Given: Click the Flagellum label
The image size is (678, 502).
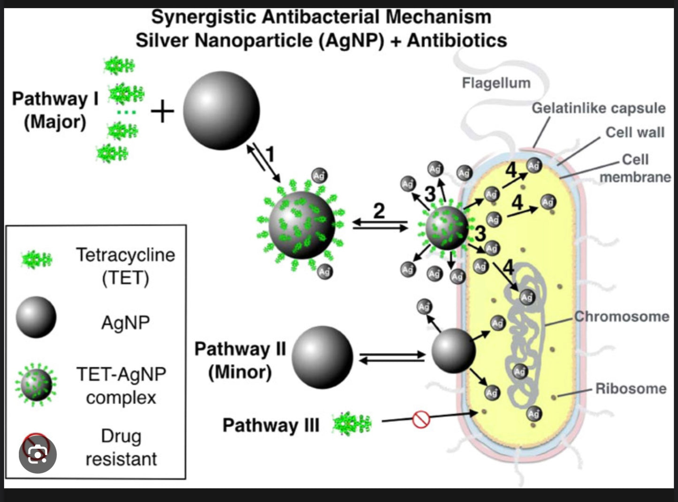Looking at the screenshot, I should coord(496,83).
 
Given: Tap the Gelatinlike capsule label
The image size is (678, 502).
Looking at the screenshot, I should coord(598,108).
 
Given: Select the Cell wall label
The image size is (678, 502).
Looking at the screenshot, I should coord(635,132).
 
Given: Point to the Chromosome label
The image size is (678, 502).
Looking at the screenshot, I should coord(622,317).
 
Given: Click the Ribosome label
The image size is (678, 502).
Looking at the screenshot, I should coord(631,389).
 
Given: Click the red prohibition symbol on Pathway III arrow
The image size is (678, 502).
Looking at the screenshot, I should coord(421,419).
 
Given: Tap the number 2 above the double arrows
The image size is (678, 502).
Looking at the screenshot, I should coord(379,210).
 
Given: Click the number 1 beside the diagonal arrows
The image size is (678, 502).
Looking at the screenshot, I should coord(270,154).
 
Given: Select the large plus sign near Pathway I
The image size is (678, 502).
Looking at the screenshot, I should coord(162,112).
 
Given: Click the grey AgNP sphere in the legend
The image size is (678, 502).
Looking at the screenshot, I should coord(36,317).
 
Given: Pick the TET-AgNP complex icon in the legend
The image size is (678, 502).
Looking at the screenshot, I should coord(36,384).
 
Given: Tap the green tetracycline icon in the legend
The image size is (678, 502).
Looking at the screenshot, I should coord(37,259).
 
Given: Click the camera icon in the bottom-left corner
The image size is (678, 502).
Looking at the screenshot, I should coord(38,454).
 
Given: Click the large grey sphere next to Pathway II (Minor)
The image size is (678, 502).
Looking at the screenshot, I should coord(322,357).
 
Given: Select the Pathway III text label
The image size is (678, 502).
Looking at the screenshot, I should coord(271,425).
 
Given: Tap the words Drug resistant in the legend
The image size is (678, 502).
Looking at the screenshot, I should coord(121,448).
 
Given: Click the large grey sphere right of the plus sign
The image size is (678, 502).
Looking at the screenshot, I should coord(221,111).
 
